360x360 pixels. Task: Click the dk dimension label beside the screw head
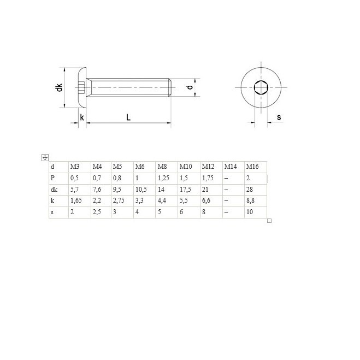[60, 87]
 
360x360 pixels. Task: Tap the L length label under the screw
[128, 117]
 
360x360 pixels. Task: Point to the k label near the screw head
[82, 117]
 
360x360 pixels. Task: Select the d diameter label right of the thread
[190, 87]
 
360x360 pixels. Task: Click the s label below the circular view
[279, 117]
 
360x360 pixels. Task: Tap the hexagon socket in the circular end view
[261, 87]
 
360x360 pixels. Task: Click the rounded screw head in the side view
[82, 87]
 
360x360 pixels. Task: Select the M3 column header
[75, 167]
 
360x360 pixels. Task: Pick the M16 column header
[252, 167]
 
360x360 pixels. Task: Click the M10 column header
[186, 167]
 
